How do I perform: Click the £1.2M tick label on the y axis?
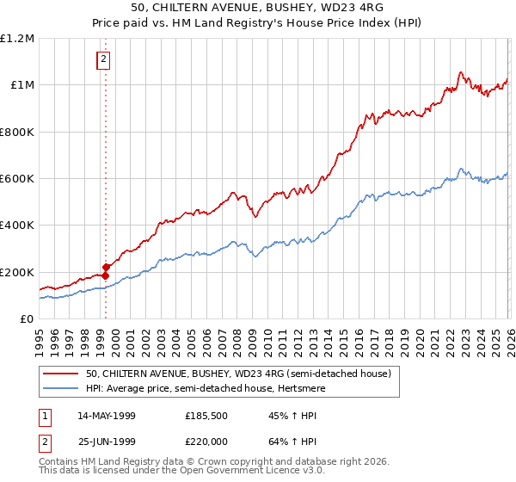(x=18, y=39)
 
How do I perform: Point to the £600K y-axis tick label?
(x=17, y=179)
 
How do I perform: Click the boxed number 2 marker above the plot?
(x=103, y=59)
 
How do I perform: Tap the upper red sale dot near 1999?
(x=106, y=268)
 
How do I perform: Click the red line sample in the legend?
(x=61, y=374)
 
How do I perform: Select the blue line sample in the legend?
(x=61, y=388)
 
